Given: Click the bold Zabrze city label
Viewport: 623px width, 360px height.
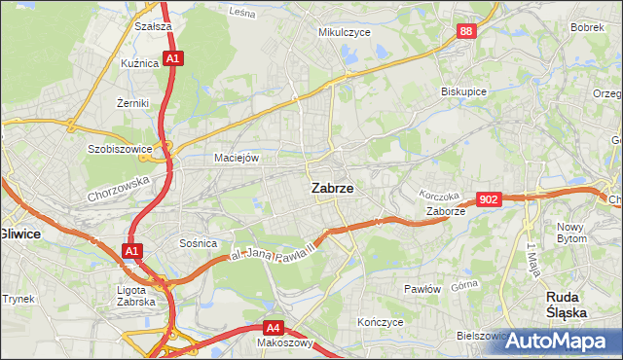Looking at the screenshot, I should (332, 189).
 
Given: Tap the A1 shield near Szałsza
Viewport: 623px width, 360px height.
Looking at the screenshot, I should (172, 58).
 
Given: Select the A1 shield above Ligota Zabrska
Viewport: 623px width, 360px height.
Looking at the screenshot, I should (131, 252).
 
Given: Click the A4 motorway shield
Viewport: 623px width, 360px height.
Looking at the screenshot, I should (275, 328).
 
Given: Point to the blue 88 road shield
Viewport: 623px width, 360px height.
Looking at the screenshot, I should (466, 32).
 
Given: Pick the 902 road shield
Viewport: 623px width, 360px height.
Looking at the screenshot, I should (490, 199).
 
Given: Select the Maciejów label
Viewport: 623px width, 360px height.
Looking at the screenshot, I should (236, 157).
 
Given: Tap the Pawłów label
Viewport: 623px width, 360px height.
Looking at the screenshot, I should (422, 289).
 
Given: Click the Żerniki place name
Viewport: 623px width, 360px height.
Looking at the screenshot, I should (131, 101).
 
